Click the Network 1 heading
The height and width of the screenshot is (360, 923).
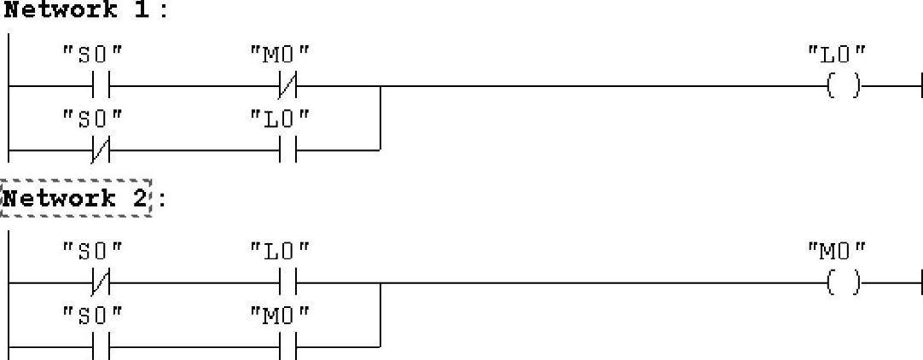pos(75,10)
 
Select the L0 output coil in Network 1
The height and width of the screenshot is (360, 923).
pos(843,86)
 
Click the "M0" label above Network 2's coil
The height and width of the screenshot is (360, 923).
pos(837,250)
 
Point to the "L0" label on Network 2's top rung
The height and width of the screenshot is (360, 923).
pos(279,250)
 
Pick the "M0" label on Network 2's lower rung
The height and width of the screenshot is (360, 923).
pos(279,314)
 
